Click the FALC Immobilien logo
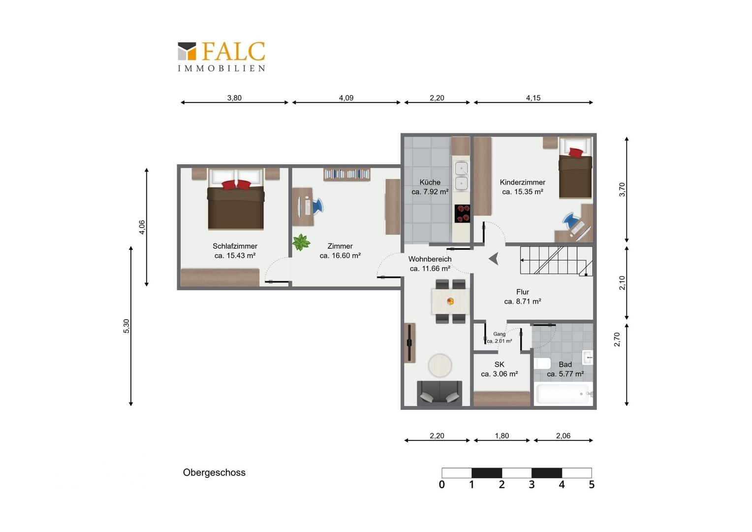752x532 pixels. (x=221, y=57)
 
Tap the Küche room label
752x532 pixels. (x=430, y=182)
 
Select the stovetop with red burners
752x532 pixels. (x=462, y=213)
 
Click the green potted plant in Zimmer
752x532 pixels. (x=301, y=242)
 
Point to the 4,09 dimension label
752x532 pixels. (x=346, y=98)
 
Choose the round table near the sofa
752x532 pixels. (x=440, y=366)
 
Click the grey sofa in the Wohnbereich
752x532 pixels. (x=439, y=393)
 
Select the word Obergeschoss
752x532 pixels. (x=214, y=472)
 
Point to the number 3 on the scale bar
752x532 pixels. (x=532, y=485)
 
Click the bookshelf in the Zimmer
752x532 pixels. (x=347, y=174)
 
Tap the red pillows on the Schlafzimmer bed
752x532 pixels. (x=236, y=185)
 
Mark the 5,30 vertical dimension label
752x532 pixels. (x=126, y=326)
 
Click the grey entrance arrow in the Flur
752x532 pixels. (x=494, y=259)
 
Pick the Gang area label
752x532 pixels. (x=499, y=334)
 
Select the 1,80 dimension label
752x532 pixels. (x=502, y=436)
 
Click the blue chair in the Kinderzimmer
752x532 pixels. (x=571, y=220)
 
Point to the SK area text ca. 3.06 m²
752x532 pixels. (x=499, y=374)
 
